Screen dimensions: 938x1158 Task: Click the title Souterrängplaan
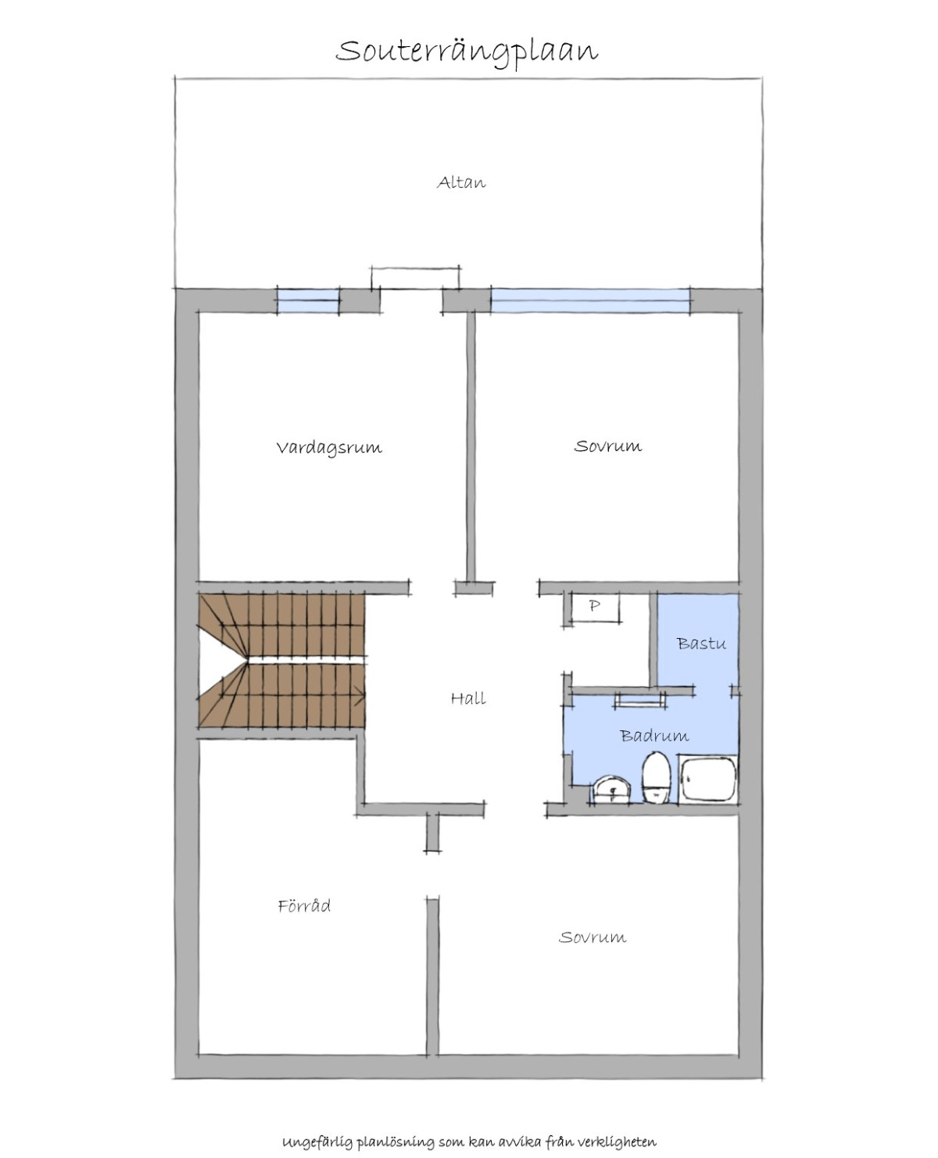click(x=467, y=52)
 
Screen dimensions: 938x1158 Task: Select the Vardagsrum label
click(x=329, y=447)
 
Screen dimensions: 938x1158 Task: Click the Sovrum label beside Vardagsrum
click(x=608, y=446)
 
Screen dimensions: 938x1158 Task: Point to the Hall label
click(x=468, y=698)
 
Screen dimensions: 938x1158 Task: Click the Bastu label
click(x=701, y=644)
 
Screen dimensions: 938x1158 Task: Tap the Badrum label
click(x=654, y=736)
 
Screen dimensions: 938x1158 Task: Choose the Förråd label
click(x=304, y=905)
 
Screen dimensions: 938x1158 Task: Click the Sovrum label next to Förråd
click(x=593, y=938)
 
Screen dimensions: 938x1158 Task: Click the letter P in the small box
click(x=595, y=605)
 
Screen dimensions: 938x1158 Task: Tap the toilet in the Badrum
click(x=657, y=777)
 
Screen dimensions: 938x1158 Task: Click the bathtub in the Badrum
click(x=709, y=779)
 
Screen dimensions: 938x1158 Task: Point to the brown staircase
click(x=281, y=660)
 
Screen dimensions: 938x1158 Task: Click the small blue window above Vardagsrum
click(x=308, y=301)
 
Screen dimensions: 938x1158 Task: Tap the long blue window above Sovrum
click(x=591, y=301)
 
